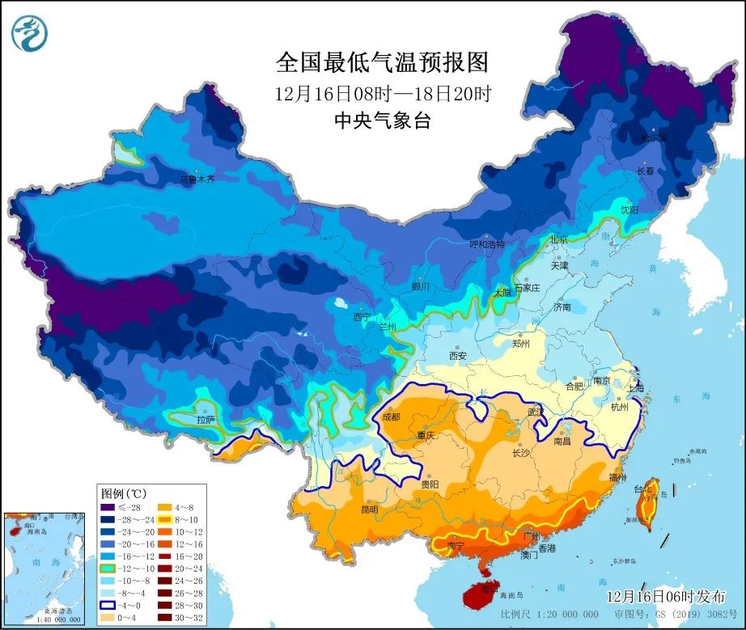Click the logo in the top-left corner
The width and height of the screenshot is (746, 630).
(x=30, y=33)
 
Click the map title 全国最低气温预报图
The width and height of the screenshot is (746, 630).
(x=383, y=62)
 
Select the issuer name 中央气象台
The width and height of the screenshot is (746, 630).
(x=382, y=121)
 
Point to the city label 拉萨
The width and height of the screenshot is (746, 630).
(x=206, y=420)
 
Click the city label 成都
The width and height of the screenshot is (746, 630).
(x=390, y=417)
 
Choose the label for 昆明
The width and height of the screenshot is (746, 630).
(x=369, y=510)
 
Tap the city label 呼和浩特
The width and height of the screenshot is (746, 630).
(x=487, y=243)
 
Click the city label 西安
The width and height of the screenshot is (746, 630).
(x=458, y=355)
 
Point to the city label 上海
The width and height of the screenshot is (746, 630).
(x=635, y=387)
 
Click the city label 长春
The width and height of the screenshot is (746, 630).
(x=645, y=171)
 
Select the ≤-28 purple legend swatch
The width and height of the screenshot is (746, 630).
(x=108, y=507)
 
